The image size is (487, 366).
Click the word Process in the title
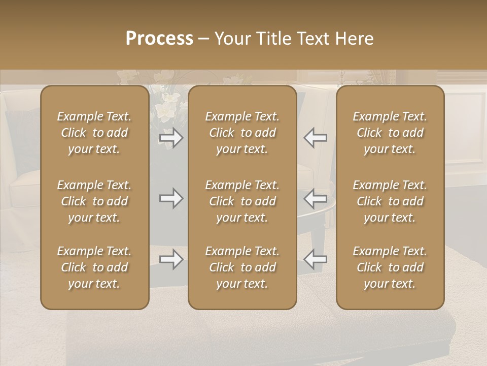pos(159,38)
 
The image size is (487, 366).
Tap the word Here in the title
pos(354,38)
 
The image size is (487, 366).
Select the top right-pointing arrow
pos(171,138)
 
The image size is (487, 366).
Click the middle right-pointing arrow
pos(171,198)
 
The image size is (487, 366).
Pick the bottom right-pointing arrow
pos(171,259)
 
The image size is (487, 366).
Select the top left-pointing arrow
pos(315,138)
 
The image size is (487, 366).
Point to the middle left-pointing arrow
pos(315,198)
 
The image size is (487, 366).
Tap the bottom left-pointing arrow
pos(315,259)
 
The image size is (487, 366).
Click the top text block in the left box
pos(94,133)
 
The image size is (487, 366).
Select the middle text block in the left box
pos(94,201)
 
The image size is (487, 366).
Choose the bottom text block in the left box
pos(94,267)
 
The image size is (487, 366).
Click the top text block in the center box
pos(242,133)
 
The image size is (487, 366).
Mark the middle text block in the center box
pos(242,201)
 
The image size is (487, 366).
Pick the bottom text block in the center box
pos(242,267)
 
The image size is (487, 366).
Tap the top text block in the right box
pos(390,133)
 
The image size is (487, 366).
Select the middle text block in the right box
pos(390,201)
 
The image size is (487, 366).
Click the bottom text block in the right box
pos(390,267)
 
